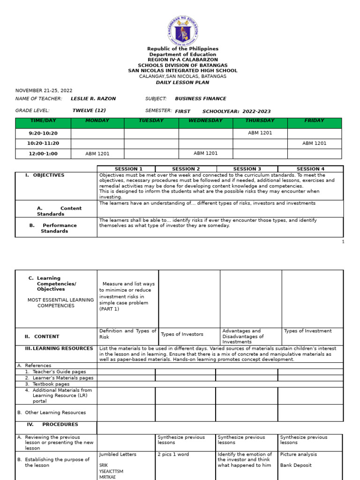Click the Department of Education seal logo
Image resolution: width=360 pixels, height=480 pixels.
pos(183,30)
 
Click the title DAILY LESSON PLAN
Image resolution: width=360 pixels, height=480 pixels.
pos(183,82)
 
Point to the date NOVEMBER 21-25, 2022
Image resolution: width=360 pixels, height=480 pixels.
pos(44,90)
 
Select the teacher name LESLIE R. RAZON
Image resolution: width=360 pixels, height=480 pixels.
pos(93,99)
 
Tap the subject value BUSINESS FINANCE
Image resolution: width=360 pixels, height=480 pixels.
pos(200,99)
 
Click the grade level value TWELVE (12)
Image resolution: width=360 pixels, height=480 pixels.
pos(89,111)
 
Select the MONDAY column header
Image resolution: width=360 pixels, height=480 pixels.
pos(97,121)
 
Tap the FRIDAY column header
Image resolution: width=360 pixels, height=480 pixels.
pos(314,121)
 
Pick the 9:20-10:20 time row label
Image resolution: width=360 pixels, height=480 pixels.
pos(43,133)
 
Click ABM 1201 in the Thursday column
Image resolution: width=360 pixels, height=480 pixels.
pos(260,133)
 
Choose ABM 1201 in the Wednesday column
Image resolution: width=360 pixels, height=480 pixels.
pos(205,153)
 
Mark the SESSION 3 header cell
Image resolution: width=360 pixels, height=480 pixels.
pos(247,169)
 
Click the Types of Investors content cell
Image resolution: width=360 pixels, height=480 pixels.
pos(182,334)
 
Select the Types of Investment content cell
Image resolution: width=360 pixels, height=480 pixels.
pos(307,331)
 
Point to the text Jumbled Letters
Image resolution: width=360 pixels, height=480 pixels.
pos(118,454)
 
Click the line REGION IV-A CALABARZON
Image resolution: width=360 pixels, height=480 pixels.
pos(183,60)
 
